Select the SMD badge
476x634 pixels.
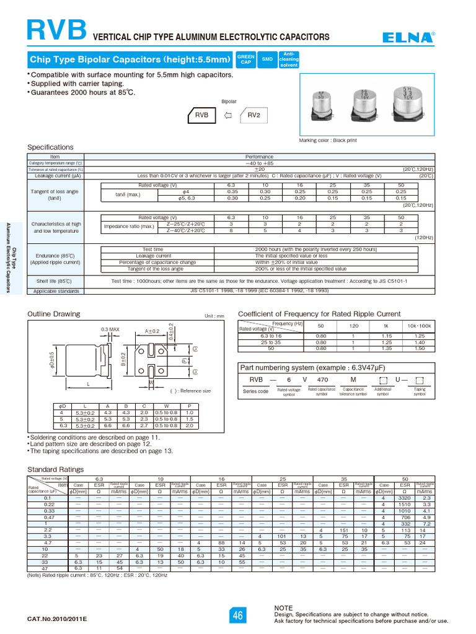pos(267,59)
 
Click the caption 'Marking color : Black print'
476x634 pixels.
pos(337,141)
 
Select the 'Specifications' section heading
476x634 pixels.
pos(51,147)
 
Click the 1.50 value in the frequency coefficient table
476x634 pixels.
pos(420,349)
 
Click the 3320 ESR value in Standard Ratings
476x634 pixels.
pos(405,498)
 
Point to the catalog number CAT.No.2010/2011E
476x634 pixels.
pos(58,619)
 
